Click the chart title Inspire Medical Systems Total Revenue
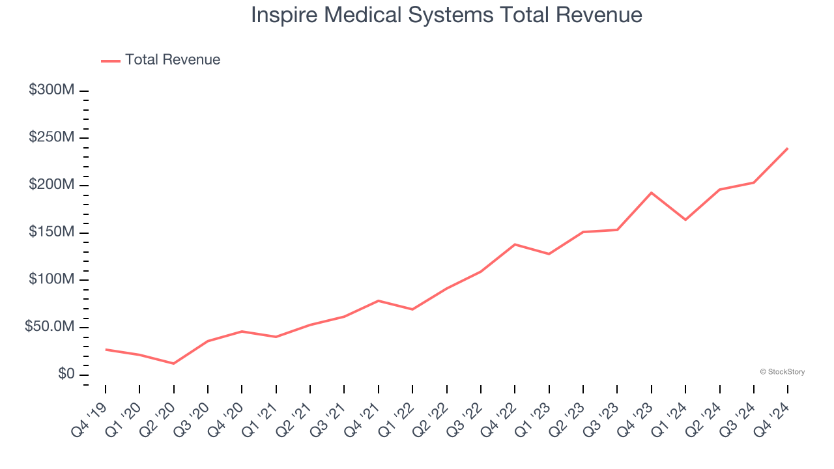[446, 15]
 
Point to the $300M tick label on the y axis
[51, 90]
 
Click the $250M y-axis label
[51, 137]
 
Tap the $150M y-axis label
[51, 233]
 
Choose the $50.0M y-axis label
[50, 327]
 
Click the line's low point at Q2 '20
[173, 363]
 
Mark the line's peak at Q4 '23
[651, 193]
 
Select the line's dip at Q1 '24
[685, 220]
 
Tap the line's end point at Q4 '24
[787, 149]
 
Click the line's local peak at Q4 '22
[515, 244]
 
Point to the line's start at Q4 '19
[106, 350]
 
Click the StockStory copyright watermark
[782, 372]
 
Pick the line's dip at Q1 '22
[412, 309]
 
